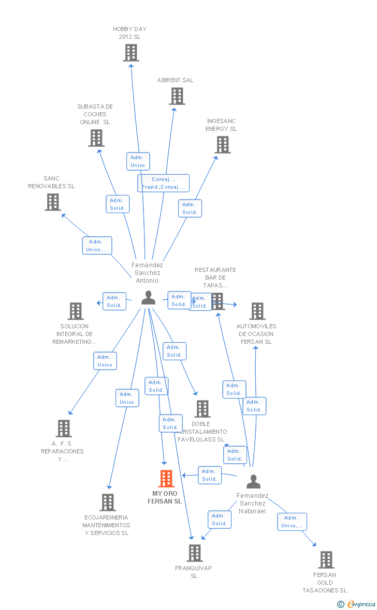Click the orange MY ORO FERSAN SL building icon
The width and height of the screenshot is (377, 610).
point(166,479)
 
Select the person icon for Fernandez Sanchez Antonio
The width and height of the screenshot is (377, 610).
point(148,298)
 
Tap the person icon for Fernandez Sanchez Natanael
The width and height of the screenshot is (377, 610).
point(253,481)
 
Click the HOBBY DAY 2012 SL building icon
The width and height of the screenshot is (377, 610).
point(131,53)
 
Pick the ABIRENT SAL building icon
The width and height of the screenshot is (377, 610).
point(177,96)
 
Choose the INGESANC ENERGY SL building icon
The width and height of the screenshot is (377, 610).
point(223,145)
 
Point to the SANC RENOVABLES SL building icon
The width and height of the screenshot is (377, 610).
point(53,202)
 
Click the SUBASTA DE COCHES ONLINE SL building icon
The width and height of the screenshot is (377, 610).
point(96,138)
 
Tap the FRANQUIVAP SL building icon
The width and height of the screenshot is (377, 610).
point(195,553)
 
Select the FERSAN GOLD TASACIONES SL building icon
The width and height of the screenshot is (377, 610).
point(326,560)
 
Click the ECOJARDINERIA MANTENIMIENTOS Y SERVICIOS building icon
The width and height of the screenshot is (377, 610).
point(108,502)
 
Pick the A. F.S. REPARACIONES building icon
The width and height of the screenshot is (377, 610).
point(64,429)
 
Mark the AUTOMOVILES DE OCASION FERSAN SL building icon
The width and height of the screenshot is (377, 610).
point(257,311)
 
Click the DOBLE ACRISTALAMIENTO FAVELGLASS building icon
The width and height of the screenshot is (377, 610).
point(202,409)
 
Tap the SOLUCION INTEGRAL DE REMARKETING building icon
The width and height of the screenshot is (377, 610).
point(76,311)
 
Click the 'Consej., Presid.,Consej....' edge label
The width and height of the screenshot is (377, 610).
point(163,183)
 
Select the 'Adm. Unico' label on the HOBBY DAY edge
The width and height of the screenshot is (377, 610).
point(138,161)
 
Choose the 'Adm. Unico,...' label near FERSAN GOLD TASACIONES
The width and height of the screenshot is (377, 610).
point(292,522)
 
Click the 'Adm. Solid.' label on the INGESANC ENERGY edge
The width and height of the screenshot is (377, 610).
point(190,208)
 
